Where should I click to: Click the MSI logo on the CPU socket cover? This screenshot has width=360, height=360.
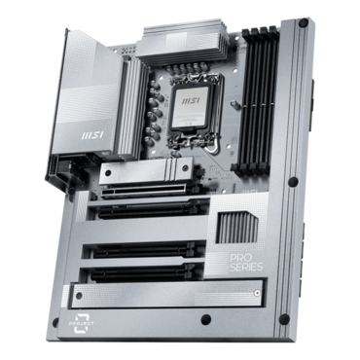point(191,100)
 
